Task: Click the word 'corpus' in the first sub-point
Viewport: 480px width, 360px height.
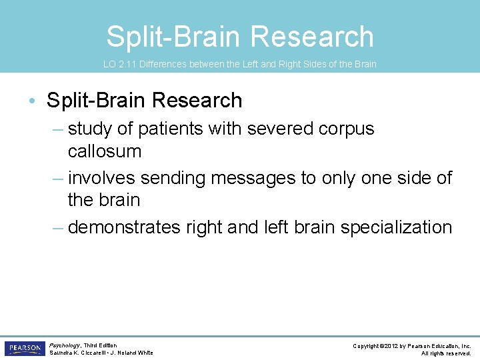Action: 344,128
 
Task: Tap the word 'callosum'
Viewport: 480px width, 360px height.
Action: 105,151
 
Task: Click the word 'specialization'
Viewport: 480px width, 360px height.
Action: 396,227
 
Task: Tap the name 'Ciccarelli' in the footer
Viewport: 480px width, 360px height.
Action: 99,353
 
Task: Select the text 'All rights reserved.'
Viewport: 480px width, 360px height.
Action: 446,353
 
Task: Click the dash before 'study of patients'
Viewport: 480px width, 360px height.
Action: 58,128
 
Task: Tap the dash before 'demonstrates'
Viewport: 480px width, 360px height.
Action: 58,227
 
